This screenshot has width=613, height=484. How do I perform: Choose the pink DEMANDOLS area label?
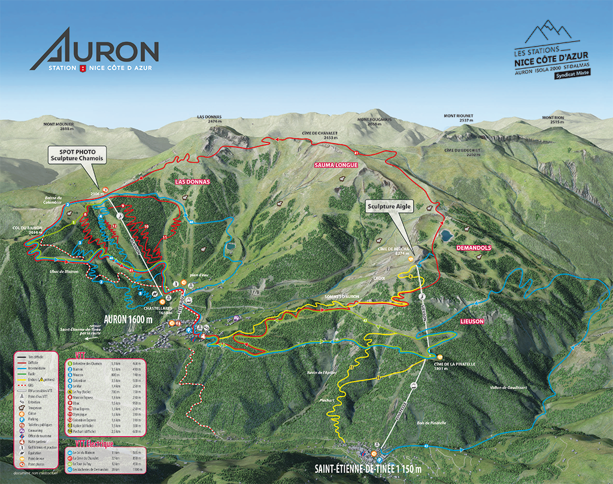tap(474, 248)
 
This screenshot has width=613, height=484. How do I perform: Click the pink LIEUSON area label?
tap(472, 321)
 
